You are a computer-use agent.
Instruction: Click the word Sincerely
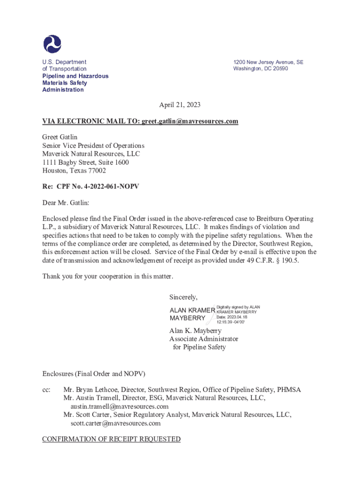(183, 297)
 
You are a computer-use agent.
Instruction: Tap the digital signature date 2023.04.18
(240, 317)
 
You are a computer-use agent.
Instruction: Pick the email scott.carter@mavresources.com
(115, 423)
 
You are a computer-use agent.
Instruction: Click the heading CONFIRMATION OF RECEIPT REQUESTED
(111, 439)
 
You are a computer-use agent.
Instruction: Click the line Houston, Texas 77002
(74, 171)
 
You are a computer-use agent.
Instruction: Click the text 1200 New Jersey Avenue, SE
(268, 62)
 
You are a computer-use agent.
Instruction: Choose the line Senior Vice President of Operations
(94, 145)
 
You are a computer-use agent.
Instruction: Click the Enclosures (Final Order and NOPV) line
(94, 374)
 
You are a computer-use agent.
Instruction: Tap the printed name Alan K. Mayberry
(195, 331)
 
